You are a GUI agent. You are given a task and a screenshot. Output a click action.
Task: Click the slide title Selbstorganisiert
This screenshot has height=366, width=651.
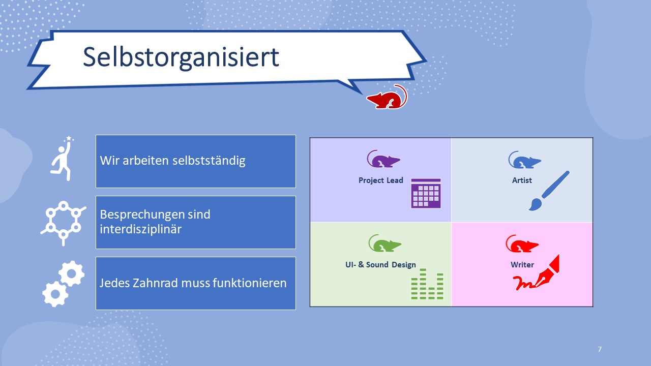(181, 57)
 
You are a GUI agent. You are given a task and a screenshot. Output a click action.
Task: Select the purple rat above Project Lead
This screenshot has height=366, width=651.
(383, 160)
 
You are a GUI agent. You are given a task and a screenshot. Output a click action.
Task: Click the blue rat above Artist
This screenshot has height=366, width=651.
(524, 161)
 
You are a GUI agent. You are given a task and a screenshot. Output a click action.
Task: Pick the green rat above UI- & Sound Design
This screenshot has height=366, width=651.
(384, 243)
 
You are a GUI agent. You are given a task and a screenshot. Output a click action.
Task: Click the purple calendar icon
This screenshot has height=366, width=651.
(426, 193)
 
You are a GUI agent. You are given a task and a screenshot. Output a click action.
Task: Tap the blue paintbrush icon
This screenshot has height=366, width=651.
(549, 191)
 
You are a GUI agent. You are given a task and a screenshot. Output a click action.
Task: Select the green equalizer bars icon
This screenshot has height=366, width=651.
(427, 284)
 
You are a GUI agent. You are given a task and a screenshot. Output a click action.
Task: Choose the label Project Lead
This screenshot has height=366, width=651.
(381, 180)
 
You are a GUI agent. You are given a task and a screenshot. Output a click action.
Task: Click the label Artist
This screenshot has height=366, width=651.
(522, 180)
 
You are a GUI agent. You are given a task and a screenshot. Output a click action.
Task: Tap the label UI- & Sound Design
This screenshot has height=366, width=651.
(380, 265)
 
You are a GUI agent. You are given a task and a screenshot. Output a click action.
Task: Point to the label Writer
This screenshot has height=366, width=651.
(522, 265)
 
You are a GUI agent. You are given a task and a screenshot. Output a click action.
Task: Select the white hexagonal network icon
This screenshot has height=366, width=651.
(63, 223)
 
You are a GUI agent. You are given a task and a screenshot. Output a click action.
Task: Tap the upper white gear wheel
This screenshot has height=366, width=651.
(72, 273)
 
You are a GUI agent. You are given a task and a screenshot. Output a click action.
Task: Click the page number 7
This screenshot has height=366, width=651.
(600, 349)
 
